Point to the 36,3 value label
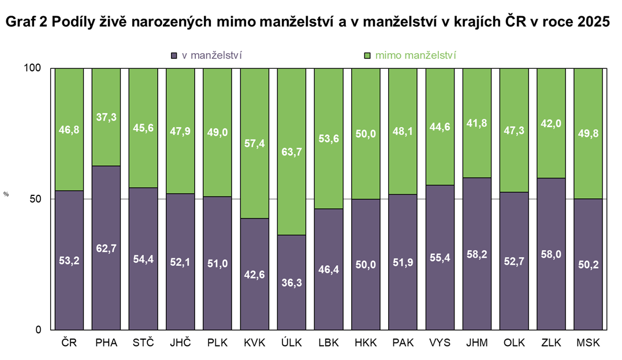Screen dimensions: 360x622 point(291,283)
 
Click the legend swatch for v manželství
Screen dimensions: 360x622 point(174,55)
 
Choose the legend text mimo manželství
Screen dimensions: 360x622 point(416,55)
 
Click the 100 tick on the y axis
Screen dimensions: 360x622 point(33,68)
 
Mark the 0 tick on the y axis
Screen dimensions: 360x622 point(38,330)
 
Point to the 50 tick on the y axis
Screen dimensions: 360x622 point(36,199)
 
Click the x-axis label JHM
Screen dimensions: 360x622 point(476,343)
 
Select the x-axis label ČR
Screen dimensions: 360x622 point(69,343)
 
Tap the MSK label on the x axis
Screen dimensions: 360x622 point(588,343)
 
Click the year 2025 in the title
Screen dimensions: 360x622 point(593,22)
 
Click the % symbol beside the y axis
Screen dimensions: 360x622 point(6,195)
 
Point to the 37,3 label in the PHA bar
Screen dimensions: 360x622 point(106,117)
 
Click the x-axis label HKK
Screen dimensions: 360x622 point(366,343)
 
